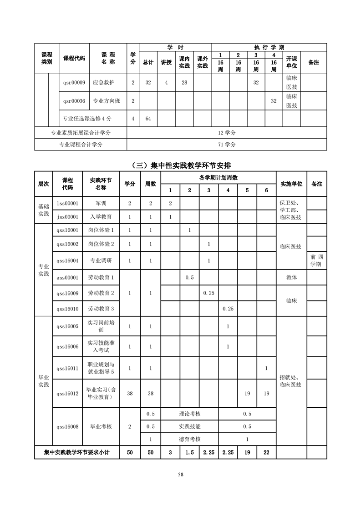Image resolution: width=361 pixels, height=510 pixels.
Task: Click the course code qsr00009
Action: pos(74,83)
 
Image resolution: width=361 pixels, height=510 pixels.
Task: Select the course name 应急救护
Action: pos(103,83)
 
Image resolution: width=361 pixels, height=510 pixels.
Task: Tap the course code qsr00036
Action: pos(74,101)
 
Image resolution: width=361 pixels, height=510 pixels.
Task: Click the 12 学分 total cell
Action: pos(226,133)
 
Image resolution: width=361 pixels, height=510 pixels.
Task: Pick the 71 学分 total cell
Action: pos(226,145)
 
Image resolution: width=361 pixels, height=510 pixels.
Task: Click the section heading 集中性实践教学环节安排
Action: pos(180,165)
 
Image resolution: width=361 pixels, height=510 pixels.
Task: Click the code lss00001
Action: pos(67,203)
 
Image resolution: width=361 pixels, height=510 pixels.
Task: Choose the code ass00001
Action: pos(67,277)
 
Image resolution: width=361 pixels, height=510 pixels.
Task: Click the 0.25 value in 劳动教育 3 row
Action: pos(228,309)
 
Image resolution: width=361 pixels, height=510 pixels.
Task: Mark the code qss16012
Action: pos(67,393)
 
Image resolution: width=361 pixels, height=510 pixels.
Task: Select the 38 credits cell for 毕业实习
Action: pos(130,393)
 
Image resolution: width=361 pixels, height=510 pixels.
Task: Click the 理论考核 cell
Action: pos(189,414)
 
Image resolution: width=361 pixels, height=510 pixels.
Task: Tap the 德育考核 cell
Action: pos(189,440)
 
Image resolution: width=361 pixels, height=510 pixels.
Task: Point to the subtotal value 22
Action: pos(266,453)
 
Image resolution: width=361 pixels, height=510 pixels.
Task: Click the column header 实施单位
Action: pos(291,184)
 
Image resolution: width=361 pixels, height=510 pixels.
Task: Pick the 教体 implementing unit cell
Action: pos(291,277)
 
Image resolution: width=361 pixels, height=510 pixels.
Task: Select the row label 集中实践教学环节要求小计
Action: pos(77,453)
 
